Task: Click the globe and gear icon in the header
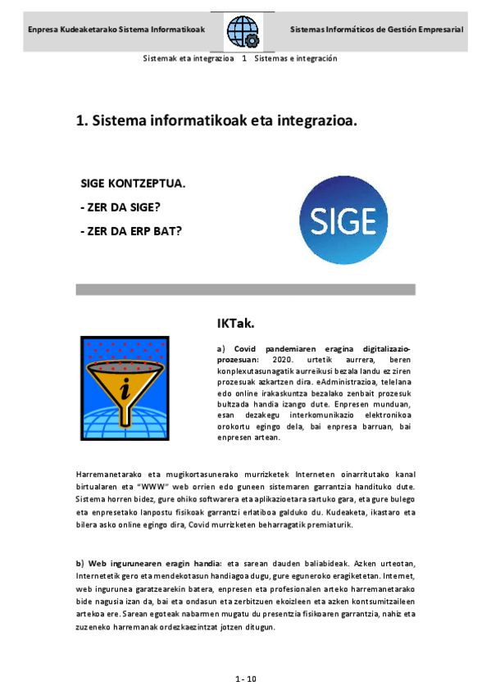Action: pos(243,31)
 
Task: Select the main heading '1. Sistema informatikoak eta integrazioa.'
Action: pos(216,120)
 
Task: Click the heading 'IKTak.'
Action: pos(235,323)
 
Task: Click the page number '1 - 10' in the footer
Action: pos(246,679)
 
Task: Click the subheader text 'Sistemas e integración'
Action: pos(296,58)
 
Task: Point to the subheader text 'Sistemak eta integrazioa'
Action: pos(189,58)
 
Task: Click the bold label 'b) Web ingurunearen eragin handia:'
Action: pos(149,564)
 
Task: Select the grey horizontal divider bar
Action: pos(245,289)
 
